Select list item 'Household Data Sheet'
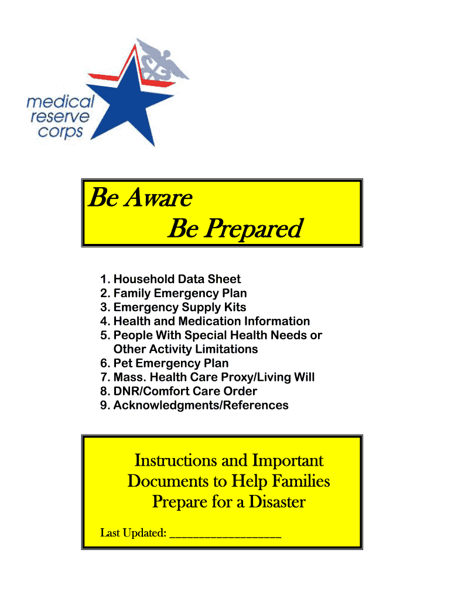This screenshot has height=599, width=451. click(177, 279)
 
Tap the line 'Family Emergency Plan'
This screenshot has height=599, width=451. click(180, 293)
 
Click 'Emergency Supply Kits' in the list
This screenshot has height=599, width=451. click(179, 307)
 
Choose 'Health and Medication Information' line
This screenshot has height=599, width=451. click(211, 321)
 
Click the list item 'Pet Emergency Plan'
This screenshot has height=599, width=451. click(171, 363)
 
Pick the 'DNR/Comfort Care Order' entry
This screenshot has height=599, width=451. click(185, 391)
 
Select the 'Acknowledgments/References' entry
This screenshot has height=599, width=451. click(200, 405)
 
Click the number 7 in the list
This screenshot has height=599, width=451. click(104, 377)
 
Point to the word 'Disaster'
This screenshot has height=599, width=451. click(275, 502)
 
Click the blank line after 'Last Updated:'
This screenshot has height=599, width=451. click(225, 533)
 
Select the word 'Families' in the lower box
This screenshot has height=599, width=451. click(300, 481)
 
